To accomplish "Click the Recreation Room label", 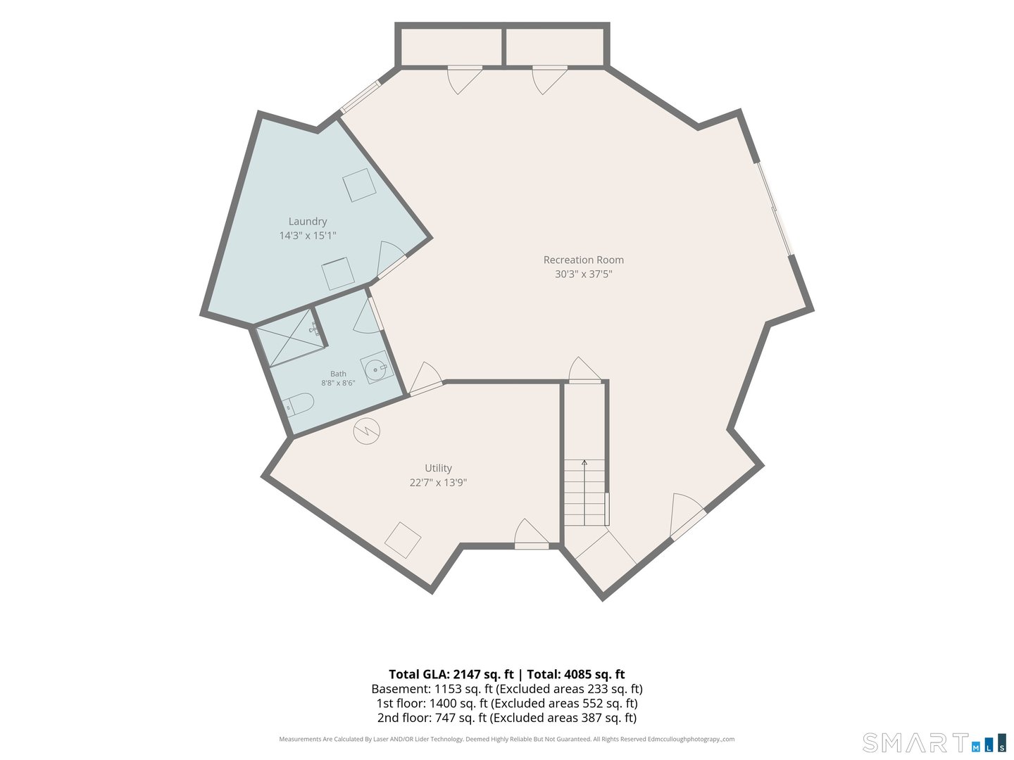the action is coord(584,260).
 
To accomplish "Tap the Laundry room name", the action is coord(308,222).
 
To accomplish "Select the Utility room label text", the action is coord(438,469).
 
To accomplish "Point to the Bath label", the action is coord(338,374).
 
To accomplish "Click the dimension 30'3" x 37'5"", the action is coord(584,274).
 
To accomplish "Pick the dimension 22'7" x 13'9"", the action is coord(438,483).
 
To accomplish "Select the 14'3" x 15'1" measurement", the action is coord(308,236).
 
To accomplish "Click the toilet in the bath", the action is coord(298,404).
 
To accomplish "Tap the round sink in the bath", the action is coord(377,368).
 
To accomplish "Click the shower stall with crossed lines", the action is coord(290,338).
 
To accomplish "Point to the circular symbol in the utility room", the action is coord(367,431).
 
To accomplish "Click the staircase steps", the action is coord(584,493).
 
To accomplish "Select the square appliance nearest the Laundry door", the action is coord(338,274).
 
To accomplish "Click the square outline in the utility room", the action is coord(403,540).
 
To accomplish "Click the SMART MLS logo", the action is coord(934,742).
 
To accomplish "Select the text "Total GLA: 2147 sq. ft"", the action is coord(451,674).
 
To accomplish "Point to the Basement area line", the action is coord(507,689).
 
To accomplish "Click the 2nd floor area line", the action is coord(507,718).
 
